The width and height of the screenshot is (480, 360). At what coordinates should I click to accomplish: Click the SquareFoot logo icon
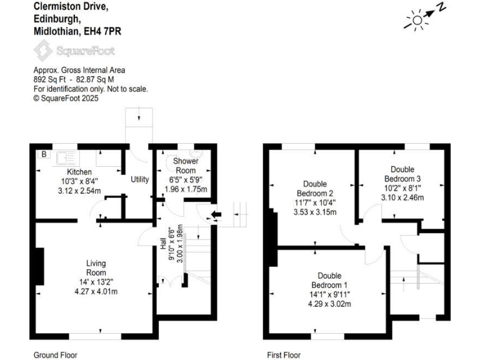43,49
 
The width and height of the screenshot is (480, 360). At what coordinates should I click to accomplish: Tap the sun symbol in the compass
416,21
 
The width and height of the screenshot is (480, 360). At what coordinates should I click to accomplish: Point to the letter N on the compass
441,7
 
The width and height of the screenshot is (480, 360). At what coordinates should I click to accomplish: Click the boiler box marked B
44,154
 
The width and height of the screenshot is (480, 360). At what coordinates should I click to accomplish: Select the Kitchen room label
79,172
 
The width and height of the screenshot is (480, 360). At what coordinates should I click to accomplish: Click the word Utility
139,180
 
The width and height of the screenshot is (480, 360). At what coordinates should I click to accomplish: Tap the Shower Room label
186,166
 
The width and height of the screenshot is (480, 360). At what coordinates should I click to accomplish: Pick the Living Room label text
96,268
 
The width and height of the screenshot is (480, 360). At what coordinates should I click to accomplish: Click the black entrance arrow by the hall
216,216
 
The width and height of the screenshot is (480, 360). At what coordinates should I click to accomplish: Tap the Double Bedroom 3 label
402,174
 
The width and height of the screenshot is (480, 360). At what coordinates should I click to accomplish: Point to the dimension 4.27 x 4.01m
96,291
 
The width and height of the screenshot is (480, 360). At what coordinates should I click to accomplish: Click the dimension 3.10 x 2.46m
402,197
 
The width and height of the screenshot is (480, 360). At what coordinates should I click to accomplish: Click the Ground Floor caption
56,355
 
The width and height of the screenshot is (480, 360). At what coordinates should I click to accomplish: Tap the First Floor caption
284,355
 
